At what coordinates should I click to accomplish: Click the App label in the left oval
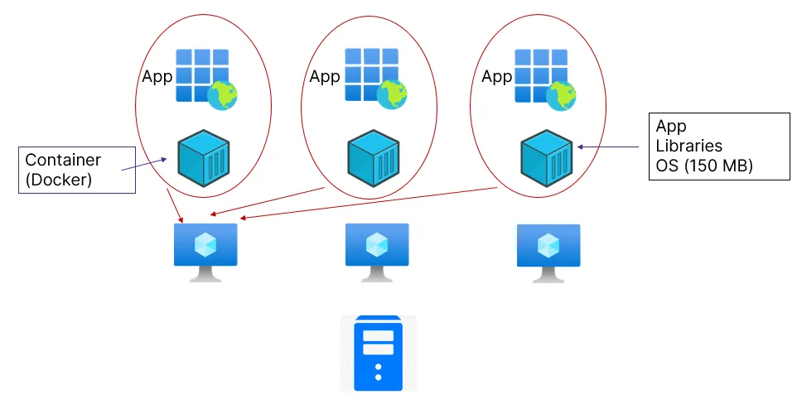157,78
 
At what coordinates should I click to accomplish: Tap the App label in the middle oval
325,77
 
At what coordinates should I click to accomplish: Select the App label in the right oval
497,77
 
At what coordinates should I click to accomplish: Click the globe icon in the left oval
223,96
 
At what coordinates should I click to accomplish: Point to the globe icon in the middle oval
392,95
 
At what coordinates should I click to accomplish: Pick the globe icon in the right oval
561,96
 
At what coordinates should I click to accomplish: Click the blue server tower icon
378,353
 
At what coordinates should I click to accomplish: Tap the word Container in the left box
63,160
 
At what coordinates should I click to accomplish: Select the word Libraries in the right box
689,147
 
